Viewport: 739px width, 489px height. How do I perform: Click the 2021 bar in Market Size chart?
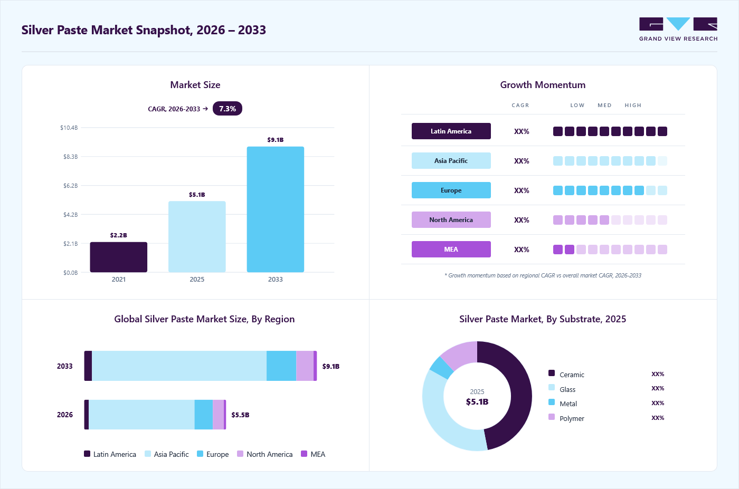(x=118, y=257)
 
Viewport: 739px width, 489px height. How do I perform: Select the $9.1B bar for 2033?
(x=275, y=209)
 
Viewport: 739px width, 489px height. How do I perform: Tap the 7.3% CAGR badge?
(x=228, y=109)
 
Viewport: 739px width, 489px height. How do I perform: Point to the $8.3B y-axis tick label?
(x=71, y=157)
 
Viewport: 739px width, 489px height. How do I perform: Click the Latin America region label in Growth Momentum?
(x=451, y=131)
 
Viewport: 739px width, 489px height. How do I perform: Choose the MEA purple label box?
(x=451, y=250)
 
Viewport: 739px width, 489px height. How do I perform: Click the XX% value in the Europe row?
(x=522, y=190)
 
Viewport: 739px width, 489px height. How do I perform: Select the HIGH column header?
(x=633, y=105)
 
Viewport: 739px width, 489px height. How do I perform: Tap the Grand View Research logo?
(x=678, y=30)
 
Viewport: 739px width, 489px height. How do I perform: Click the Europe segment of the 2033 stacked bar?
(x=281, y=366)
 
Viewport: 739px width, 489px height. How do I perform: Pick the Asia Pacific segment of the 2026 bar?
(x=141, y=415)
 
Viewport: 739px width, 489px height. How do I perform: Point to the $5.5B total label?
(x=240, y=415)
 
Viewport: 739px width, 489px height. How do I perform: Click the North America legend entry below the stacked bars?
(x=265, y=454)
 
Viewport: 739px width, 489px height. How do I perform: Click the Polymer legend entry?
(x=566, y=418)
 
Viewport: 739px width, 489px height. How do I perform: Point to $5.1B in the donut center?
(x=477, y=401)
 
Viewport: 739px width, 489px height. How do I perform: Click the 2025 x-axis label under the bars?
(x=197, y=279)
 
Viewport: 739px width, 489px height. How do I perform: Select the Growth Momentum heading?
(x=543, y=85)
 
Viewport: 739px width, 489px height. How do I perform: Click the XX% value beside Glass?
(x=658, y=388)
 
